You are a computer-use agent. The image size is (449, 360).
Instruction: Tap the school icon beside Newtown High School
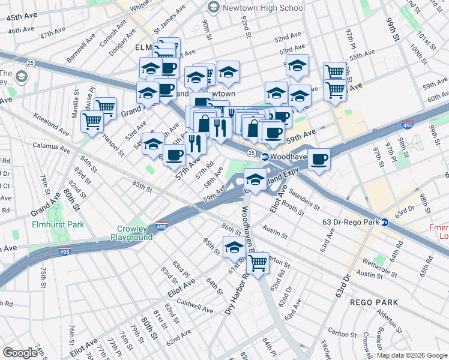(x=213, y=8)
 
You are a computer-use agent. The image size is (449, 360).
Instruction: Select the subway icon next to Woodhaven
(x=264, y=157)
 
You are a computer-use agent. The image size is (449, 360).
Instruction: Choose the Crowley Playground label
(x=131, y=233)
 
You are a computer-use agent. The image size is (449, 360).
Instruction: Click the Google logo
(x=20, y=353)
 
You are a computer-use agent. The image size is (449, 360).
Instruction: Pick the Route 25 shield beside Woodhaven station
(x=250, y=155)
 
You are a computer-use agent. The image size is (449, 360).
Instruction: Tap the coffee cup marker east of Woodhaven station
(x=319, y=160)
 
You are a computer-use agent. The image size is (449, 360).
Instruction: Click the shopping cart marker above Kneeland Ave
(x=92, y=122)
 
